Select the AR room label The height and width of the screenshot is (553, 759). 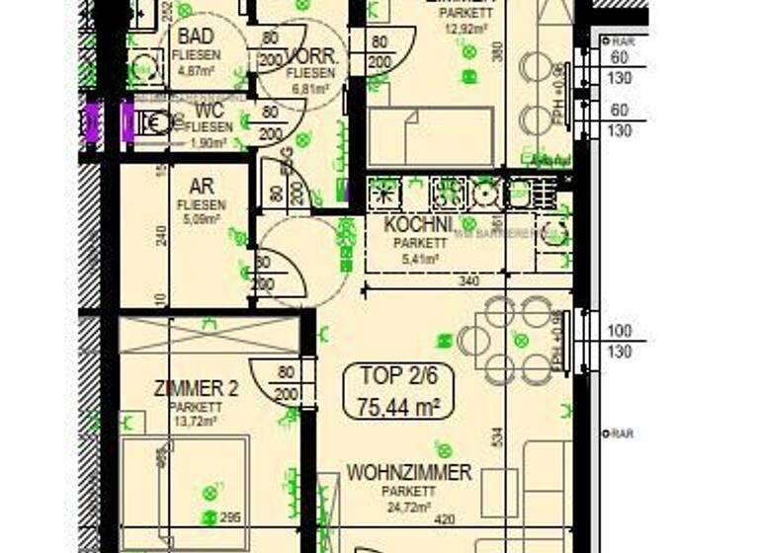[x=202, y=187]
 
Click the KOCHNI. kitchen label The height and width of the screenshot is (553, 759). [x=418, y=225]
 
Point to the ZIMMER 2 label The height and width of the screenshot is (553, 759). [x=196, y=388]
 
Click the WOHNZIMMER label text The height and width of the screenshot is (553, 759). [x=408, y=473]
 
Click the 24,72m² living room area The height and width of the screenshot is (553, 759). [x=410, y=508]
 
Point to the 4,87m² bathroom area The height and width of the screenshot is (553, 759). [x=196, y=70]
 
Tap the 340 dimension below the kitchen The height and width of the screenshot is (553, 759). [x=470, y=280]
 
